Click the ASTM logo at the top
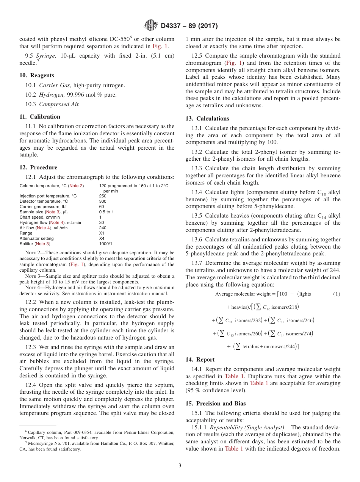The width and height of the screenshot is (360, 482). pos(151,26)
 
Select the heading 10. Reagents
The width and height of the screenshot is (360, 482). pos(37,75)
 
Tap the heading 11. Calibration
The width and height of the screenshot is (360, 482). pos(40,117)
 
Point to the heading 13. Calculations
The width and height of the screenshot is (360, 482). pos(207,119)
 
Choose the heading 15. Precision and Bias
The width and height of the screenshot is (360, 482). pos(216,404)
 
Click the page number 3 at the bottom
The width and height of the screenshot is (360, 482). pos(180,466)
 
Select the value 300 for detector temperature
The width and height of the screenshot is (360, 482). pos(103,201)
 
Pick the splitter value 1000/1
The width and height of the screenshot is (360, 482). pos(106,244)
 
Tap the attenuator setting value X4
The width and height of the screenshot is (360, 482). pos(102,238)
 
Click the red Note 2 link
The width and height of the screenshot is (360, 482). pos(76,186)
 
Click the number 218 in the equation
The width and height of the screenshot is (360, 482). pos(293,307)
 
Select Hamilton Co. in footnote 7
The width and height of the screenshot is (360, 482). pos(110,443)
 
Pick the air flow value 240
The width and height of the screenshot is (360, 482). pos(103,228)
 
